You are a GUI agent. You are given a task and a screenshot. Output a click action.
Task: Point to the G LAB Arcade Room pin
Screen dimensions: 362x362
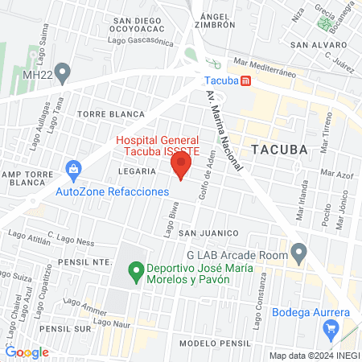(299, 253)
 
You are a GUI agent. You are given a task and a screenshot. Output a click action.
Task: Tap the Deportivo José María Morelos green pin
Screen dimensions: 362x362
(135, 273)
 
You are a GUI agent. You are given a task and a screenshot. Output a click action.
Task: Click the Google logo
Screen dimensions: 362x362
(27, 352)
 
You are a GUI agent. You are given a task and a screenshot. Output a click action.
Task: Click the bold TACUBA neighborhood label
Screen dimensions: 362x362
(279, 149)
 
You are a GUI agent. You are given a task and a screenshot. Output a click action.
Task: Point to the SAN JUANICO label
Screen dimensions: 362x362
(205, 232)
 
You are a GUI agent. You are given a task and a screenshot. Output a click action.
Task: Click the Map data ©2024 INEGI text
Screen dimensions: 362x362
(314, 355)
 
